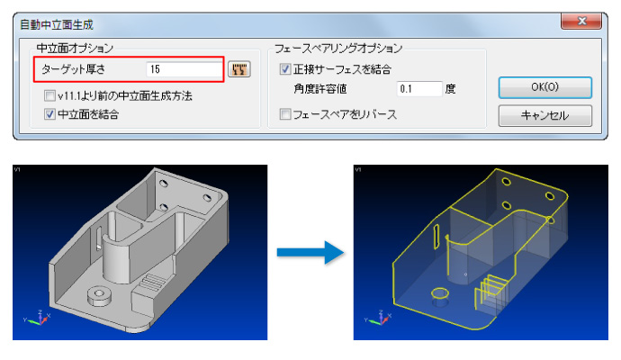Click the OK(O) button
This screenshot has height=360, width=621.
[x=545, y=87]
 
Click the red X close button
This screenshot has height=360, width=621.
[x=581, y=21]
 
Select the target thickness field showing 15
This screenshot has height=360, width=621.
[x=184, y=69]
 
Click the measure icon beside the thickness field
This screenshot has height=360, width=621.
[x=239, y=69]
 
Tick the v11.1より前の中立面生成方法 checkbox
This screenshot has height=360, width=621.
[x=49, y=95]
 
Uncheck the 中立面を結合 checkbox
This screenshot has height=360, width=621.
[x=49, y=114]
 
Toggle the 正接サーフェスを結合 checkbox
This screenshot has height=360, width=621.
[x=285, y=69]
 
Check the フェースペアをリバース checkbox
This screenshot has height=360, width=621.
[x=285, y=114]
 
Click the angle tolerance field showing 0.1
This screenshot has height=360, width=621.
[x=419, y=89]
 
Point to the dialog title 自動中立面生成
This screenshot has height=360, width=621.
[x=57, y=25]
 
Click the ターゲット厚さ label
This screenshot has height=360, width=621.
[x=74, y=69]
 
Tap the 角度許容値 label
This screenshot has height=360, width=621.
[x=320, y=89]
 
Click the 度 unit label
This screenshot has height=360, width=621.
[x=450, y=89]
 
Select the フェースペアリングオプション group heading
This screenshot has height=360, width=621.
[x=338, y=49]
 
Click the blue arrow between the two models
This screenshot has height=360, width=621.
[x=310, y=252]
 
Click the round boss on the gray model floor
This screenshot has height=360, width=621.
[x=99, y=296]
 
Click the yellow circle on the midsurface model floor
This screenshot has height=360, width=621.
[x=439, y=294]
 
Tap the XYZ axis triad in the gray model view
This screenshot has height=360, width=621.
[x=38, y=318]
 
